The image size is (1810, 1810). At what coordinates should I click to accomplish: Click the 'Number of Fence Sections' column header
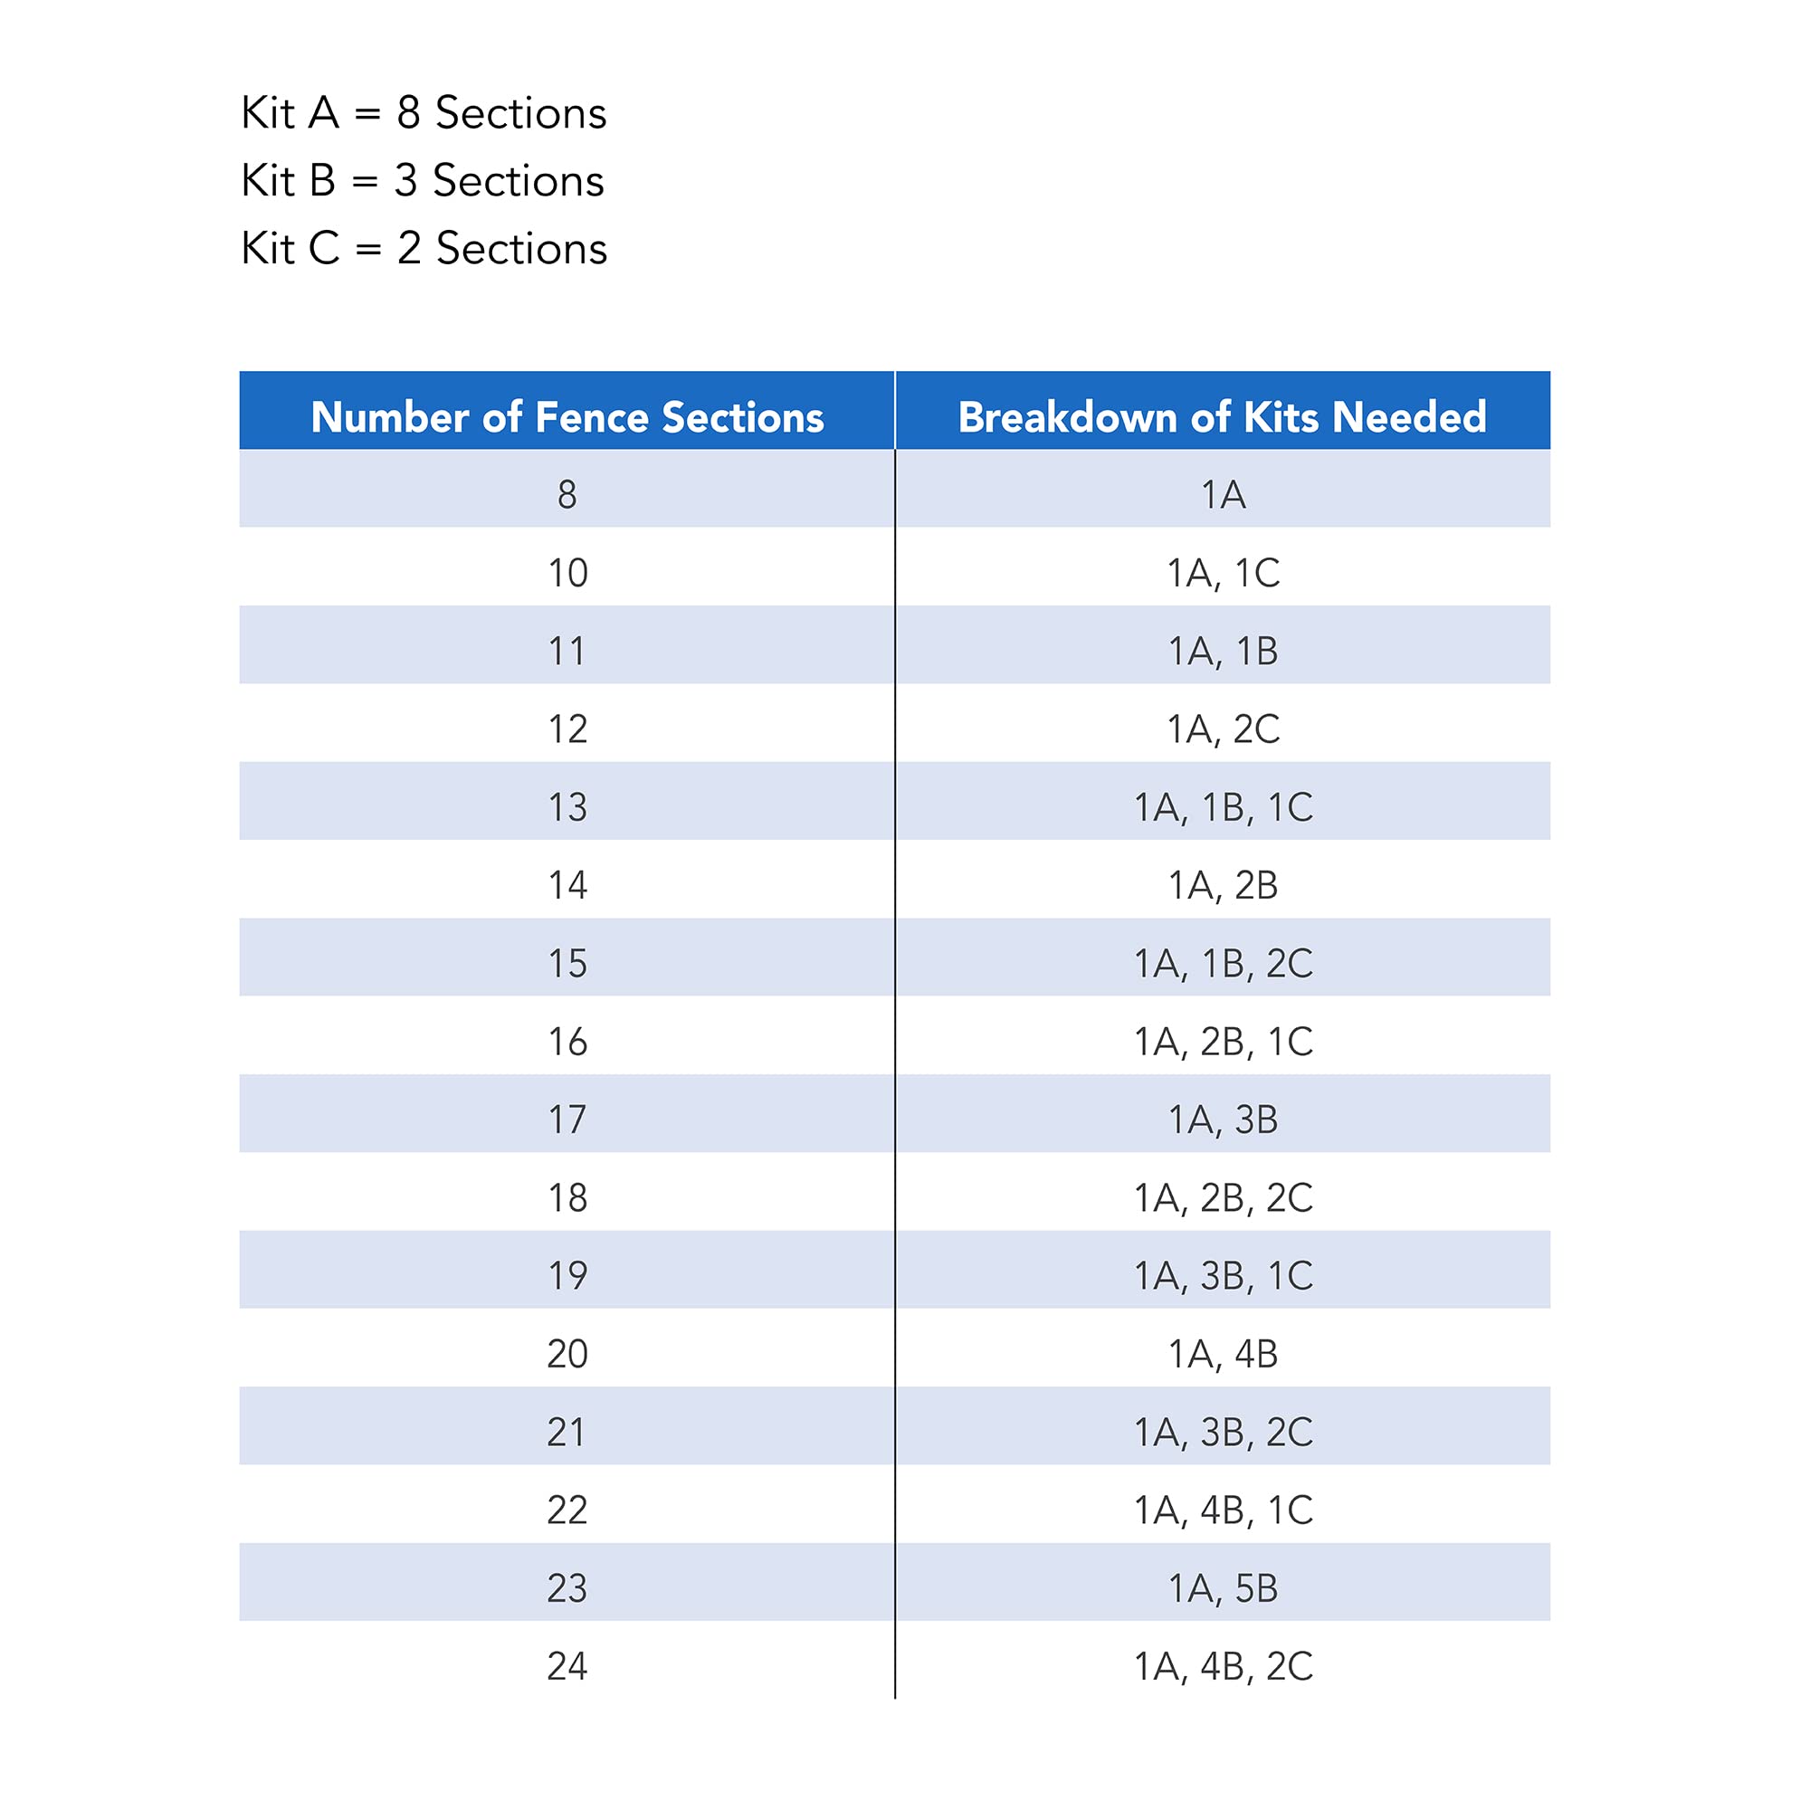coord(567,417)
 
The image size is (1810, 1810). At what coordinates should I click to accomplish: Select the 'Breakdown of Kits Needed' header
coord(1222,417)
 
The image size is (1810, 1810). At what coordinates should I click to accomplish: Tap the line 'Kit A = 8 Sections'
coord(424,113)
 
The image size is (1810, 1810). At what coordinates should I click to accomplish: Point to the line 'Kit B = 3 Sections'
coord(423,181)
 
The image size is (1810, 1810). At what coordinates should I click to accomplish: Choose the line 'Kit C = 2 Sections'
coord(424,248)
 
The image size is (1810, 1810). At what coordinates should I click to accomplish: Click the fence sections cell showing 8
coord(567,495)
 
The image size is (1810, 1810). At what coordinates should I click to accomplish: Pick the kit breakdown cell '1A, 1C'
coord(1223,574)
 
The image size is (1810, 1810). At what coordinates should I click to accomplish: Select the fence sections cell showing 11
coord(567,651)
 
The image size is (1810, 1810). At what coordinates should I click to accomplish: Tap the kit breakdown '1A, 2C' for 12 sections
coord(1223,729)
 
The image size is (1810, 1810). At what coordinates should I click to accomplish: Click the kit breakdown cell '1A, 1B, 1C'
coord(1223,807)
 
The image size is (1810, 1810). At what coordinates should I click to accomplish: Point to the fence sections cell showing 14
coord(567,885)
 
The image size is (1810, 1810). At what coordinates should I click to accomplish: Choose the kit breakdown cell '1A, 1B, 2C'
coord(1223,963)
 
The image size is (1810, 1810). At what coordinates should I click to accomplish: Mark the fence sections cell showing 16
coord(567,1042)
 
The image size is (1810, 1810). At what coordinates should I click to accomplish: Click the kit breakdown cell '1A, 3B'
coord(1223,1119)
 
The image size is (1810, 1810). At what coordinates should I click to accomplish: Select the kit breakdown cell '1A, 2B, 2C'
coord(1223,1197)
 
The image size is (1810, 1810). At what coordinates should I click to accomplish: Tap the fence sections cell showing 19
coord(567,1276)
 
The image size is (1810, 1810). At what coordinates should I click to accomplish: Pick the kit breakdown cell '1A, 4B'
coord(1223,1354)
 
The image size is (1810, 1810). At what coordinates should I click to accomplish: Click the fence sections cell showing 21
coord(567,1432)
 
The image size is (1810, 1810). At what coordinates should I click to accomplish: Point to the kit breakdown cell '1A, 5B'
coord(1223,1588)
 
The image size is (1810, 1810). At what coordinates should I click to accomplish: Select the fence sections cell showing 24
coord(567,1666)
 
